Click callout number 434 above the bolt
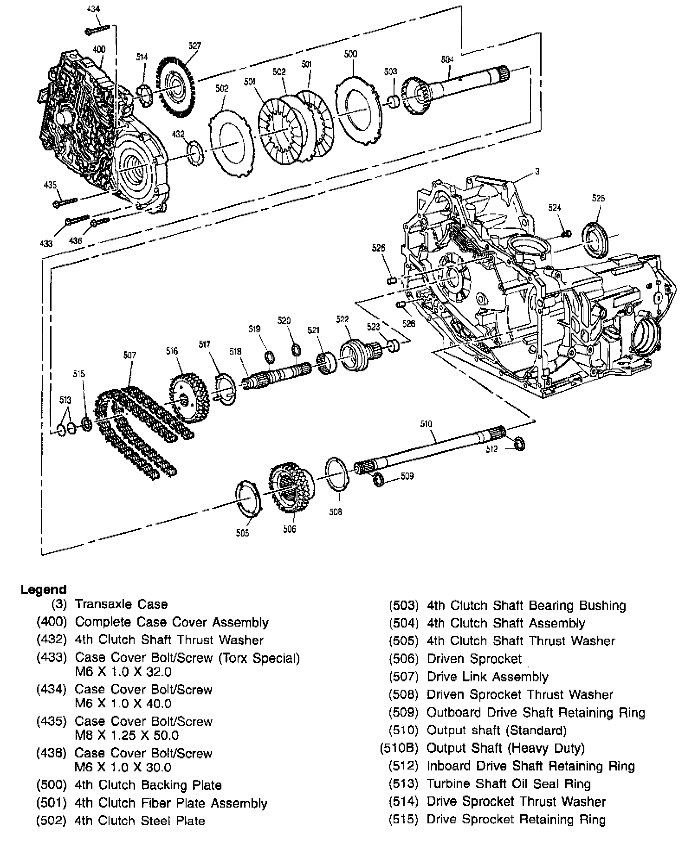point(93,9)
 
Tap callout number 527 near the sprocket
point(194,45)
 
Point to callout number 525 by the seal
point(598,198)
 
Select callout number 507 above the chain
point(129,356)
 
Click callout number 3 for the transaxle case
point(537,172)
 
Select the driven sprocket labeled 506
point(291,487)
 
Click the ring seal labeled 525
point(595,239)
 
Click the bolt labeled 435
point(65,202)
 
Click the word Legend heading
point(44,590)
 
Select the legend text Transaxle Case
point(121,604)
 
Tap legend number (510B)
point(399,748)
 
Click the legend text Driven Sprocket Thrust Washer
point(520,695)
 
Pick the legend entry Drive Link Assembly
point(487,677)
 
